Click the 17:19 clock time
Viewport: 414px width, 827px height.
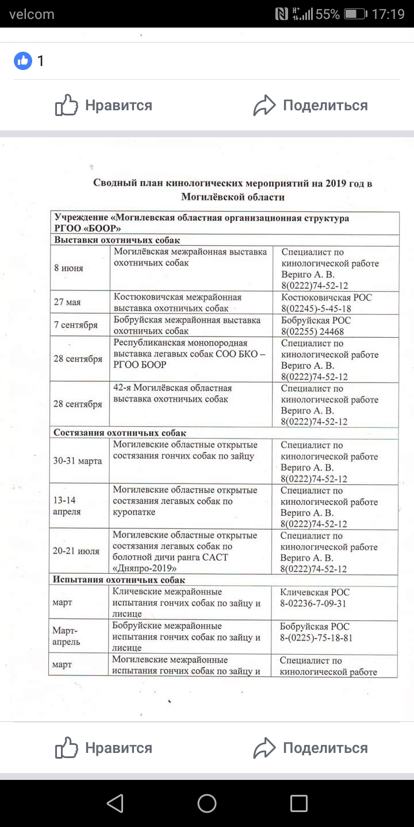pos(388,14)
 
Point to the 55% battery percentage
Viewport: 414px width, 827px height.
pos(328,14)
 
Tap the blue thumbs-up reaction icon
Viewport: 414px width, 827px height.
pos(23,60)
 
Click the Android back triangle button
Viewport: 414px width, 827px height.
pos(115,803)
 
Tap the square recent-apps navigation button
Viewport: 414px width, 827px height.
pos(299,803)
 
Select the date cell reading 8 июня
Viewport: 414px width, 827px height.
pos(69,268)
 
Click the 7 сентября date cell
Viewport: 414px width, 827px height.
pos(76,325)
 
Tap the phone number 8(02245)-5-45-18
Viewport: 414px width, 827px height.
pos(316,308)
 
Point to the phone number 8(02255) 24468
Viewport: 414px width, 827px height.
pos(313,331)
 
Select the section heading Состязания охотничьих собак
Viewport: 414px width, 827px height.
pos(120,433)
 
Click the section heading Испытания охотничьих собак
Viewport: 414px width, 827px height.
pos(119,580)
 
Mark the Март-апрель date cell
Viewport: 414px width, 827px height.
pos(67,636)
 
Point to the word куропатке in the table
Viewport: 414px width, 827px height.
pos(137,512)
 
